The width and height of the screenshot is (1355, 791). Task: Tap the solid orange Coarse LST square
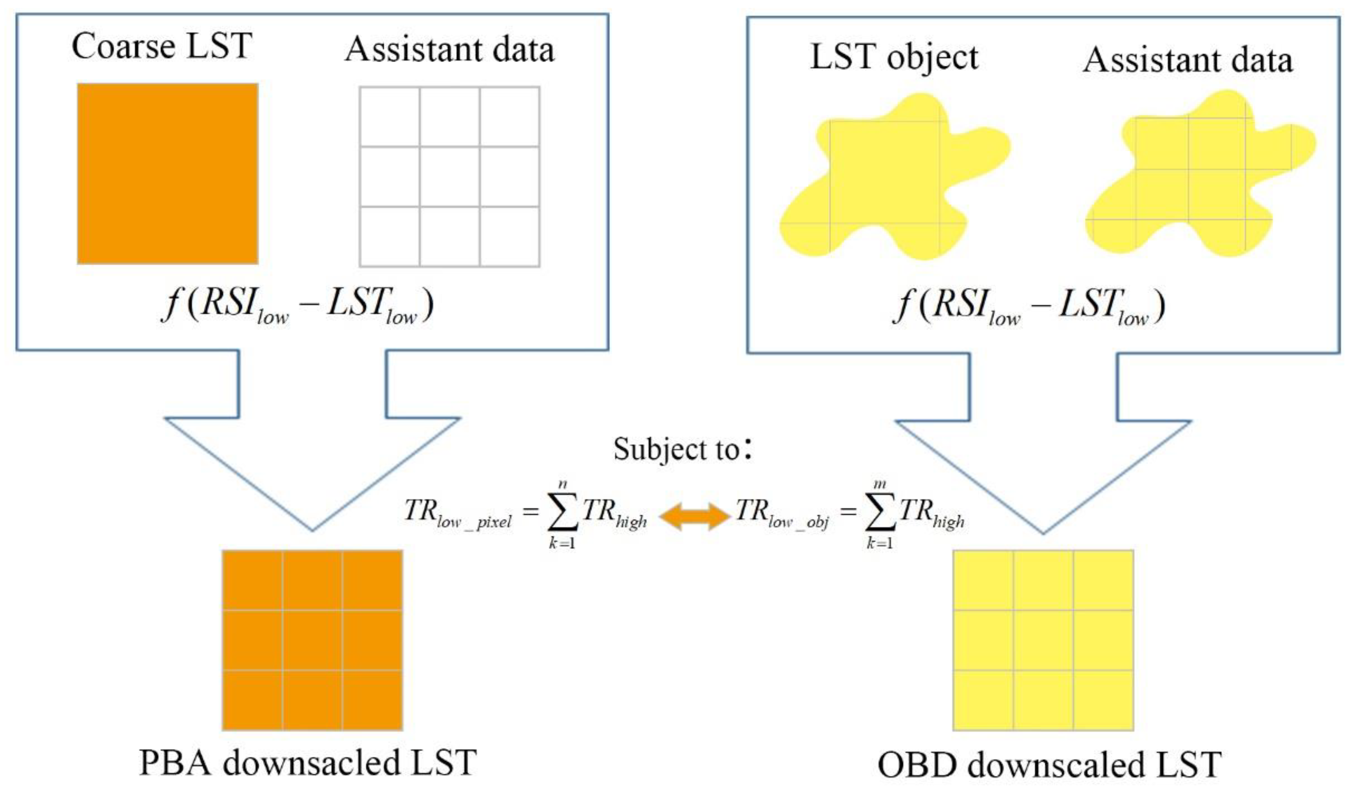[x=167, y=173]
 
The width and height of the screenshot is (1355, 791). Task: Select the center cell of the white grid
[x=450, y=176]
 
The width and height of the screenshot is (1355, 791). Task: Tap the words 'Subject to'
[x=676, y=449]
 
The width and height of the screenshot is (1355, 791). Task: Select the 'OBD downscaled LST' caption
[x=1050, y=764]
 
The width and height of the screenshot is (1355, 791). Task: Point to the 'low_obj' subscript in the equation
[x=799, y=522]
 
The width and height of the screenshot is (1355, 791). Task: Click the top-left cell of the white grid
[x=390, y=116]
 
